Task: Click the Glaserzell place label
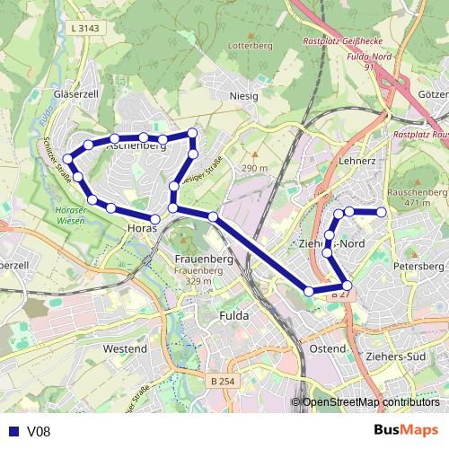click(x=76, y=92)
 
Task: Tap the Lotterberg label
click(x=250, y=45)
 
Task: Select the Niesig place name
click(x=243, y=95)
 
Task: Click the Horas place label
click(x=143, y=229)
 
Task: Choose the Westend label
click(x=125, y=348)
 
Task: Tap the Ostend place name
click(x=327, y=348)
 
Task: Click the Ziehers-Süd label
click(x=395, y=357)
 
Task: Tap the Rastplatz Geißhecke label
click(x=342, y=40)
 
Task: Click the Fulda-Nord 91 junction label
click(x=368, y=60)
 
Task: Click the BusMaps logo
click(x=406, y=431)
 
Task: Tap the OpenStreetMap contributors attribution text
click(x=370, y=403)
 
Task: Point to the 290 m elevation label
click(x=254, y=169)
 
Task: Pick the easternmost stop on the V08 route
click(x=382, y=212)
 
